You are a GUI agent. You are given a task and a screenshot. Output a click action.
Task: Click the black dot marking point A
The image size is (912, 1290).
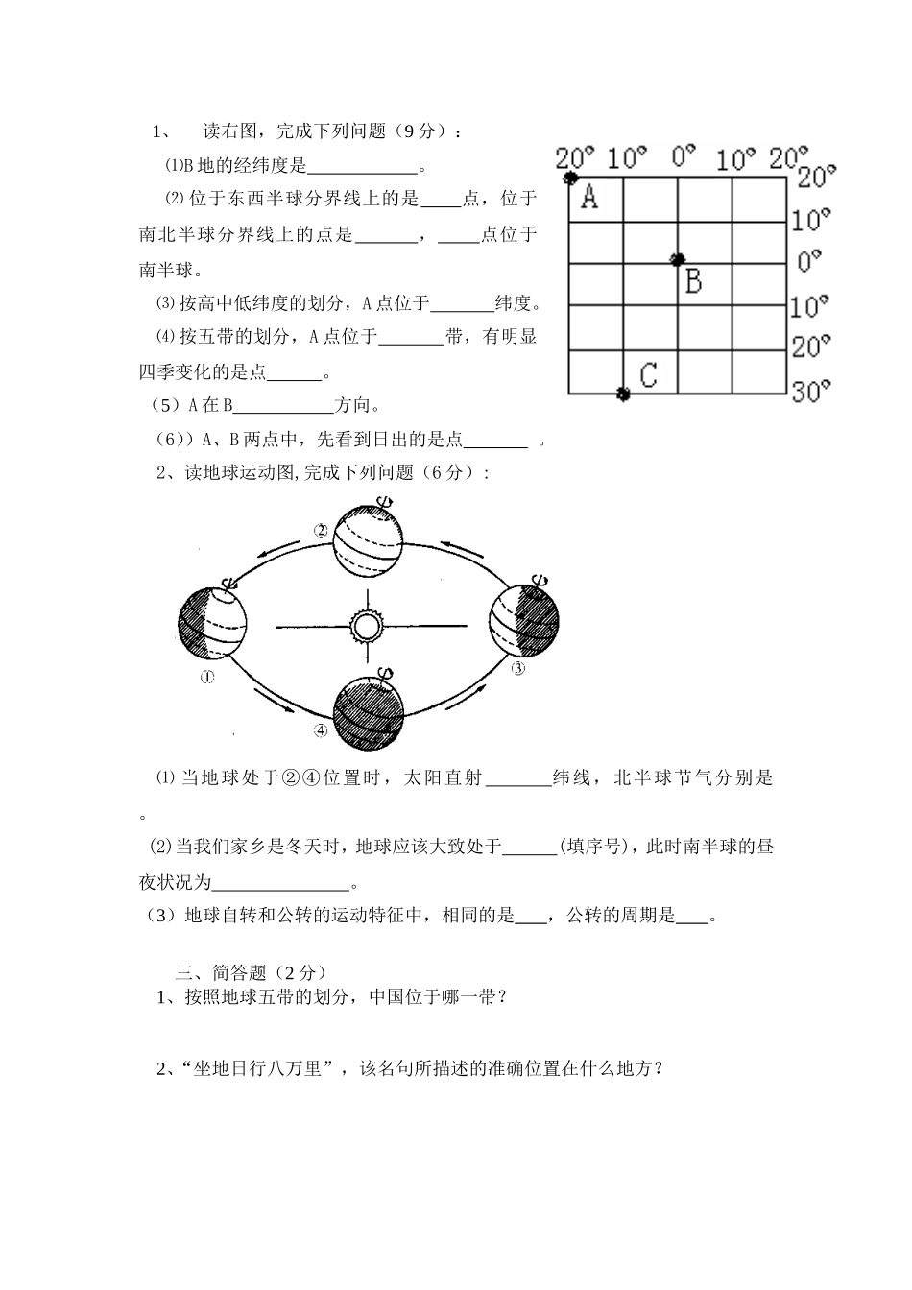tap(570, 178)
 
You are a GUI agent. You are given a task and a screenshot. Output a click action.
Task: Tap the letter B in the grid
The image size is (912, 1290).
tap(693, 281)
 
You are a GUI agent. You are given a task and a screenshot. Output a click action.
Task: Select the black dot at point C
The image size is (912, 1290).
tap(623, 394)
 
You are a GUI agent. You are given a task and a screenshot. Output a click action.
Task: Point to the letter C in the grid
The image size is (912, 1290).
tap(648, 373)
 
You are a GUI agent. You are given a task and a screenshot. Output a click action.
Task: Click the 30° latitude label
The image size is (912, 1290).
tap(812, 391)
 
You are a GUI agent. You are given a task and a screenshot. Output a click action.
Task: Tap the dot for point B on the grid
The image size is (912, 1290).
tap(678, 259)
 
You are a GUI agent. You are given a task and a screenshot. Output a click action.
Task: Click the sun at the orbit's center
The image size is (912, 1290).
tap(365, 627)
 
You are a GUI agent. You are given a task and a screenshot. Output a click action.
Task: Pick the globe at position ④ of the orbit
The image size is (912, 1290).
tap(368, 712)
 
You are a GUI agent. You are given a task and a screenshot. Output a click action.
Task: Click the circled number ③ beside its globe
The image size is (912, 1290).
tap(518, 669)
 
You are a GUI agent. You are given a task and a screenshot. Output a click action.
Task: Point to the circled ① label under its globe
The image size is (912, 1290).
tap(207, 678)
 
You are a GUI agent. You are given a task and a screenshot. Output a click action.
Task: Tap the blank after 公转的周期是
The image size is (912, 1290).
tap(692, 917)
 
